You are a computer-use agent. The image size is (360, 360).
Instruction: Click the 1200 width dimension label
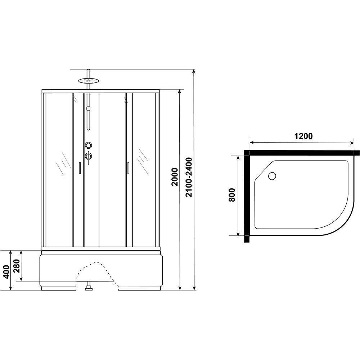pyautogui.click(x=303, y=136)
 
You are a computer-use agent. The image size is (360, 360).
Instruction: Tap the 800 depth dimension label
pyautogui.click(x=232, y=195)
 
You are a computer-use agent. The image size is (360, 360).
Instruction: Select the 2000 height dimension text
pyautogui.click(x=175, y=177)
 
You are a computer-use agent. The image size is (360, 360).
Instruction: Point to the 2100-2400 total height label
pyautogui.click(x=189, y=177)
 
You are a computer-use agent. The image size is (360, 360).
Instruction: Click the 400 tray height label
pyautogui.click(x=7, y=272)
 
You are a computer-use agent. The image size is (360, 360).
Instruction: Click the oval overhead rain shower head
pyautogui.click(x=89, y=81)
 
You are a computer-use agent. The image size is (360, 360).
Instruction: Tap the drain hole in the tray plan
pyautogui.click(x=272, y=176)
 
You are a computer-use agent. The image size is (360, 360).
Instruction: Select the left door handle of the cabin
pyautogui.click(x=80, y=168)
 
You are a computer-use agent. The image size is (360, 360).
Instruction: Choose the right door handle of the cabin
pyautogui.click(x=128, y=168)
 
